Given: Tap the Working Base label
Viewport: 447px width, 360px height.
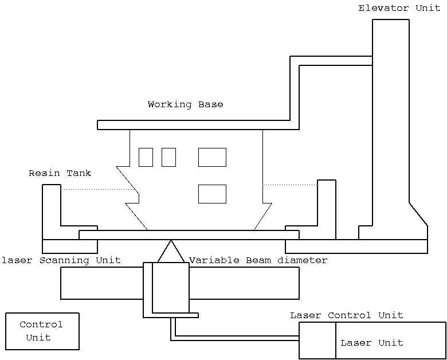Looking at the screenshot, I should (x=185, y=104).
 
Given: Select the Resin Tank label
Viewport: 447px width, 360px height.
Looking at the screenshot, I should (x=60, y=173).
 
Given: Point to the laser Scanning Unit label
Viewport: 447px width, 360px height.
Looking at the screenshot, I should (x=61, y=260).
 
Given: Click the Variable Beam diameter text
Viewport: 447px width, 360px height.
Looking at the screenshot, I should (x=258, y=260).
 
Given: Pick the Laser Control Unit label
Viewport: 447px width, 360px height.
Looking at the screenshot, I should (x=346, y=315).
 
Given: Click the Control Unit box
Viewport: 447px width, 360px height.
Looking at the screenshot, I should (x=42, y=331).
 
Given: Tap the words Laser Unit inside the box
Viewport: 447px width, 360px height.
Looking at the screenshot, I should (x=371, y=343).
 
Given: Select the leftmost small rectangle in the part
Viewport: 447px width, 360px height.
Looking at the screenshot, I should (x=146, y=157).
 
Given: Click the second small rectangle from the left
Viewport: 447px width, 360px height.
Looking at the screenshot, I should (x=168, y=157).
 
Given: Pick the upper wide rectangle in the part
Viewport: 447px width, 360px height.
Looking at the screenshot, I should (x=212, y=157).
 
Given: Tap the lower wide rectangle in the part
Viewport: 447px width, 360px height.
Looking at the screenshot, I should (x=212, y=194).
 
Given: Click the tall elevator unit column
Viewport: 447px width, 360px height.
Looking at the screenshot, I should (x=390, y=115).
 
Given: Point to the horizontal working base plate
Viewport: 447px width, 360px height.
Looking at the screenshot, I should (x=194, y=125).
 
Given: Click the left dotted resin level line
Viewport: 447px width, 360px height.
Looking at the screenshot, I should (x=97, y=189).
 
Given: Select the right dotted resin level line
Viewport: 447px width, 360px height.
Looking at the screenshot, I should (x=290, y=185).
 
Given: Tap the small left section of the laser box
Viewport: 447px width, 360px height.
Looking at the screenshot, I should (x=317, y=341).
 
